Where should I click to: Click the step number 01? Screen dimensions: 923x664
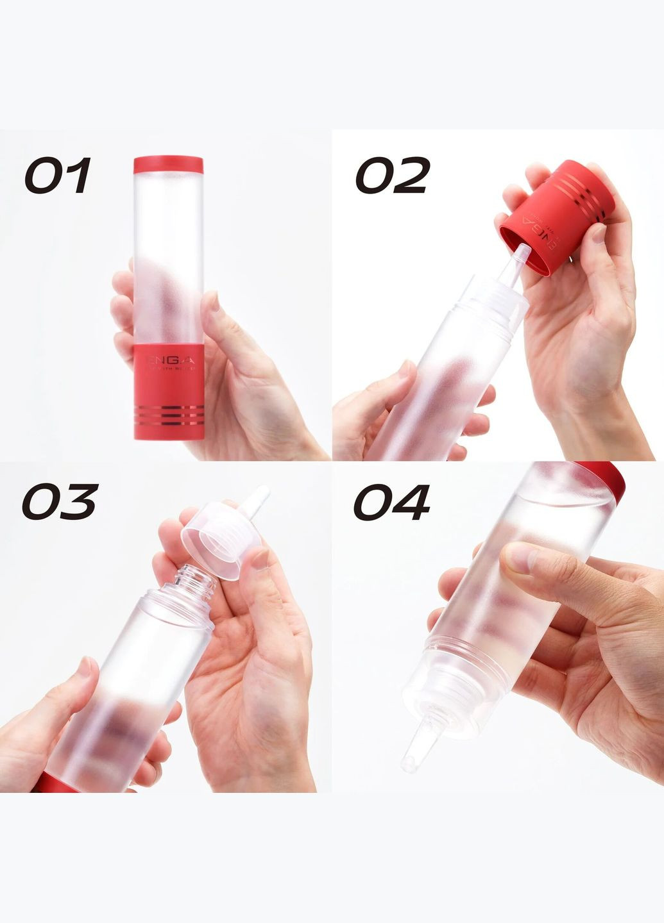58,176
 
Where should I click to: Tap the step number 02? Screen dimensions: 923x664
391,176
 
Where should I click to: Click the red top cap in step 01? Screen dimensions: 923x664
168,165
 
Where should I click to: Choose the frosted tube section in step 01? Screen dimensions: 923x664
168,256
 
